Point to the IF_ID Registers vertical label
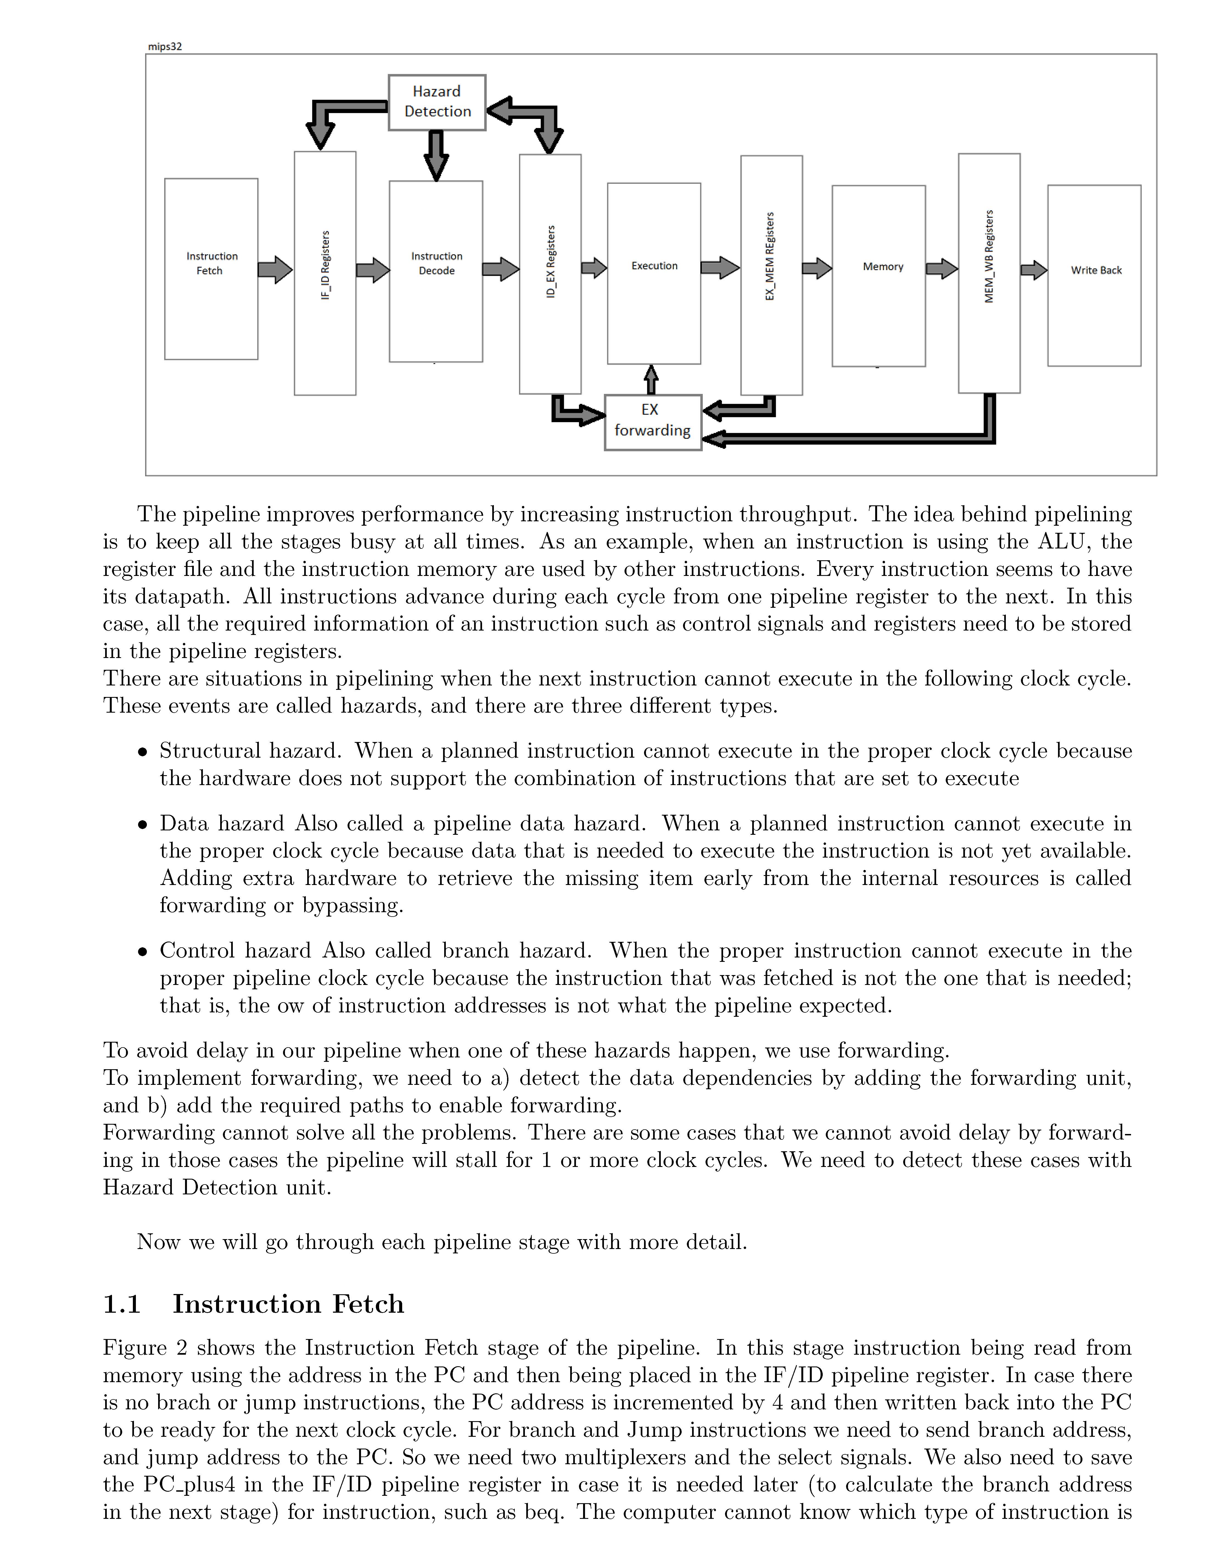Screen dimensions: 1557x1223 pyautogui.click(x=325, y=265)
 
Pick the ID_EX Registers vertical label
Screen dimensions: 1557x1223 pyautogui.click(x=551, y=262)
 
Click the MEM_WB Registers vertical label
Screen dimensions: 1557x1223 pyautogui.click(x=989, y=256)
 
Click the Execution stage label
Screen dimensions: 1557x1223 pyautogui.click(x=654, y=265)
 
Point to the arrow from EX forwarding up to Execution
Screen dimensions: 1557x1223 pyautogui.click(x=651, y=379)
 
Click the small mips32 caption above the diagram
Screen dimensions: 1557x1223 pyautogui.click(x=165, y=47)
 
